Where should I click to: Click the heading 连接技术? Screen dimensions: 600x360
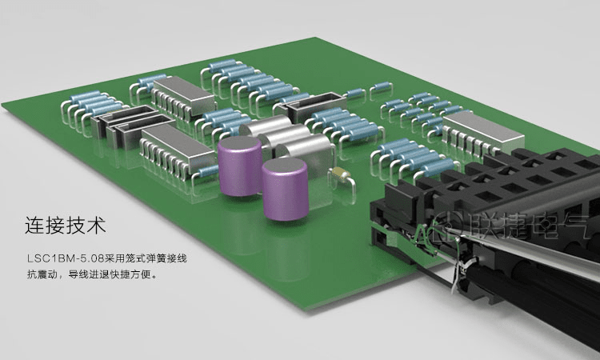[65, 226]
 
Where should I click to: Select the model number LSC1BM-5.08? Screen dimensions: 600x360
[66, 258]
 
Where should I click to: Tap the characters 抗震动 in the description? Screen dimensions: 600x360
[42, 274]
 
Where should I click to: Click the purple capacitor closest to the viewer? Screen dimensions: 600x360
[285, 189]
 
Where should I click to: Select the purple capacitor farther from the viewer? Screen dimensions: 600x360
[240, 166]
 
